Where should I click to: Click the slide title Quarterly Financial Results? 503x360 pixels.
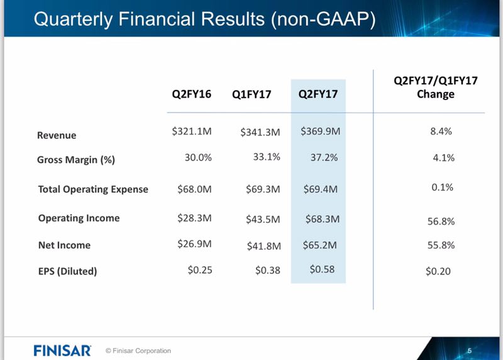tap(204, 18)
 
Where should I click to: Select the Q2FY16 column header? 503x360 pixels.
tap(192, 94)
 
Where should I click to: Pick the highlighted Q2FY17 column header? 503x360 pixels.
tap(318, 94)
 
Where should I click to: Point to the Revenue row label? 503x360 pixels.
tap(57, 135)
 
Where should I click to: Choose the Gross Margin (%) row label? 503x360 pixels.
tap(76, 160)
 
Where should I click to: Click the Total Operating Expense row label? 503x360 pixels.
tap(93, 189)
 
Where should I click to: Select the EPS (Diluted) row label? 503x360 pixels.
tap(67, 272)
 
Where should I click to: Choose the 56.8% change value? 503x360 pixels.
tap(440, 222)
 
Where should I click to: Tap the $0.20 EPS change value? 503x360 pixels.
tap(438, 271)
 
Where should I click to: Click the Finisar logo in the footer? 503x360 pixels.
tap(62, 349)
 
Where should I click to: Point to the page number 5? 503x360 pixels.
tap(470, 349)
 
